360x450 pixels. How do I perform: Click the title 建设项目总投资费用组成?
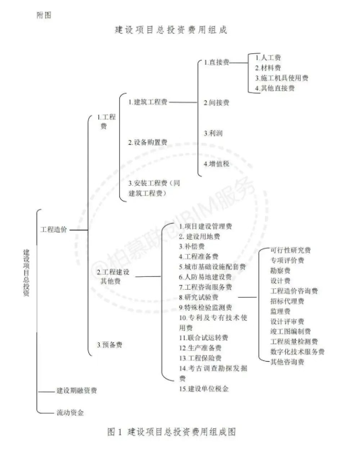point(171,30)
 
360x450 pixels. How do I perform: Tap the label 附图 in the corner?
point(44,15)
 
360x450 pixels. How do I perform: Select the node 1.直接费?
point(216,62)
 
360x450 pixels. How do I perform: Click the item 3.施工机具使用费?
point(282,78)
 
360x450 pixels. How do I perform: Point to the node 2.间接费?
point(216,103)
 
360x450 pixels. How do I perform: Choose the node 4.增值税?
point(216,164)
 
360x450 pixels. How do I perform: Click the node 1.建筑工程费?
point(148,102)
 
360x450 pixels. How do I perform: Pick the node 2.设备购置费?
point(148,142)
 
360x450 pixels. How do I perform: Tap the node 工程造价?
point(54,229)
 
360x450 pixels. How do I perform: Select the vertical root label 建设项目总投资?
point(26,273)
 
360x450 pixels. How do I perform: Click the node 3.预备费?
point(109,345)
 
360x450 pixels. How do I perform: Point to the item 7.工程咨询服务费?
point(206,287)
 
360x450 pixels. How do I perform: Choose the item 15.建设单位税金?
point(204,389)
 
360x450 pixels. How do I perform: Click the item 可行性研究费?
point(291,250)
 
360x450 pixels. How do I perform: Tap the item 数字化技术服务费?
point(297,352)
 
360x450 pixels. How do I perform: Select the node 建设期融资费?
point(77,390)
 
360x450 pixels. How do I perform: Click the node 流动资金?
point(70,413)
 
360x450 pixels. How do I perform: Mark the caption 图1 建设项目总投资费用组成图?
point(171,432)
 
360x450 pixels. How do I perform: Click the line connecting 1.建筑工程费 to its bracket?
point(183,102)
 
